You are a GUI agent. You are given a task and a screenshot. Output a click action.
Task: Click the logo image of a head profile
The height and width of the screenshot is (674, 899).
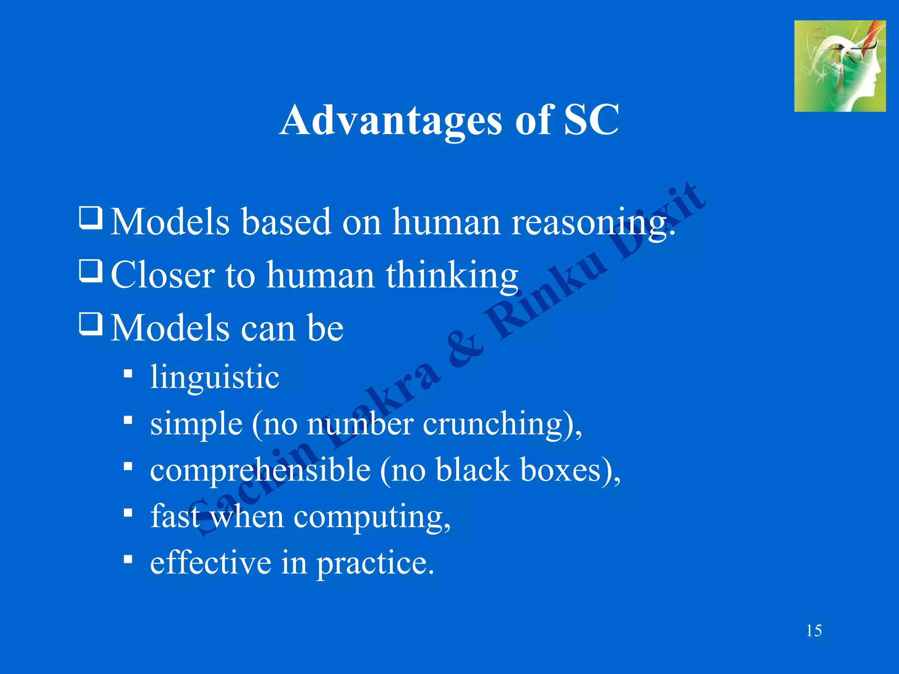click(x=839, y=66)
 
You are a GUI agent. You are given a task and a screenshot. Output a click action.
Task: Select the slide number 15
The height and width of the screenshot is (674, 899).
click(x=814, y=631)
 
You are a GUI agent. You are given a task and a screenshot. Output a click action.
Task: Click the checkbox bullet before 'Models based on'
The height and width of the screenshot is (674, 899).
click(x=91, y=218)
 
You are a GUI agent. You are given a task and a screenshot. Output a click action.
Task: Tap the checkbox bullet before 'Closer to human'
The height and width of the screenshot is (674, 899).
click(x=91, y=271)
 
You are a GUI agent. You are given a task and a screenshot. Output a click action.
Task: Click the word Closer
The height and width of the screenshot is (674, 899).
click(x=163, y=276)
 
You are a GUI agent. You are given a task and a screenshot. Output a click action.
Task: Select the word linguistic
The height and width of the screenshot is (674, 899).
click(x=214, y=377)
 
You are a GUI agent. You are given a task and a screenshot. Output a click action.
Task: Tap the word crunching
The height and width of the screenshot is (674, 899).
click(x=492, y=425)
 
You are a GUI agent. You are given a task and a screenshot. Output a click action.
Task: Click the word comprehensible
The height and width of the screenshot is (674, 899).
click(x=260, y=471)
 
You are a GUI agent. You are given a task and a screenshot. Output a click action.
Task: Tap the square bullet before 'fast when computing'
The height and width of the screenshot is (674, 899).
click(x=128, y=513)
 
